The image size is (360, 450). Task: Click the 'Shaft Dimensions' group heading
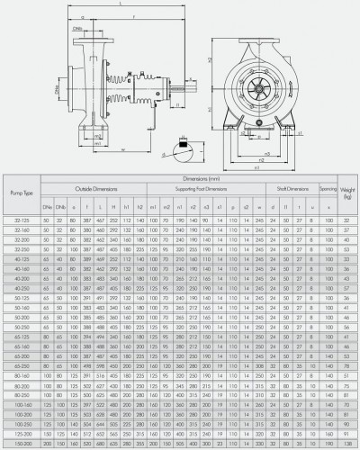[x=290, y=187]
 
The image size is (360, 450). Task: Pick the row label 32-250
[x=21, y=248]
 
